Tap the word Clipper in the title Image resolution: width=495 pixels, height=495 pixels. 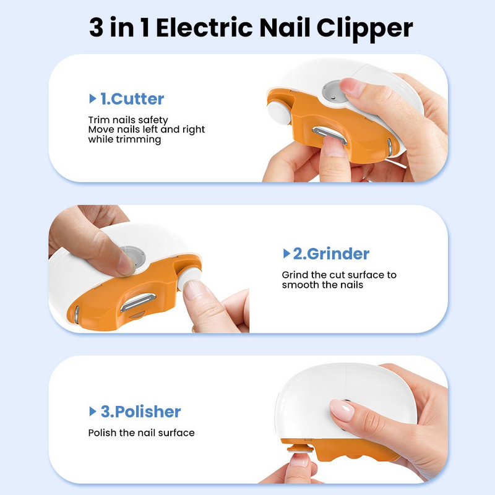[x=366, y=28]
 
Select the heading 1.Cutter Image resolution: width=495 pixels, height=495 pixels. [x=132, y=98]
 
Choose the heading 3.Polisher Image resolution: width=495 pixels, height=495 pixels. [x=140, y=411]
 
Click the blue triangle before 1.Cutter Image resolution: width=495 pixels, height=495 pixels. [x=93, y=98]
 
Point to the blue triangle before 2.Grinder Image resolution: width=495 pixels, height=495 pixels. [x=286, y=254]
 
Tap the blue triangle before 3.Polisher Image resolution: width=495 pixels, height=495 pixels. [x=93, y=411]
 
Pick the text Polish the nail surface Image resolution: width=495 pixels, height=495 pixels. [x=141, y=433]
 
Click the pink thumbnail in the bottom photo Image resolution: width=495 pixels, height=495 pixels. [x=342, y=409]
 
